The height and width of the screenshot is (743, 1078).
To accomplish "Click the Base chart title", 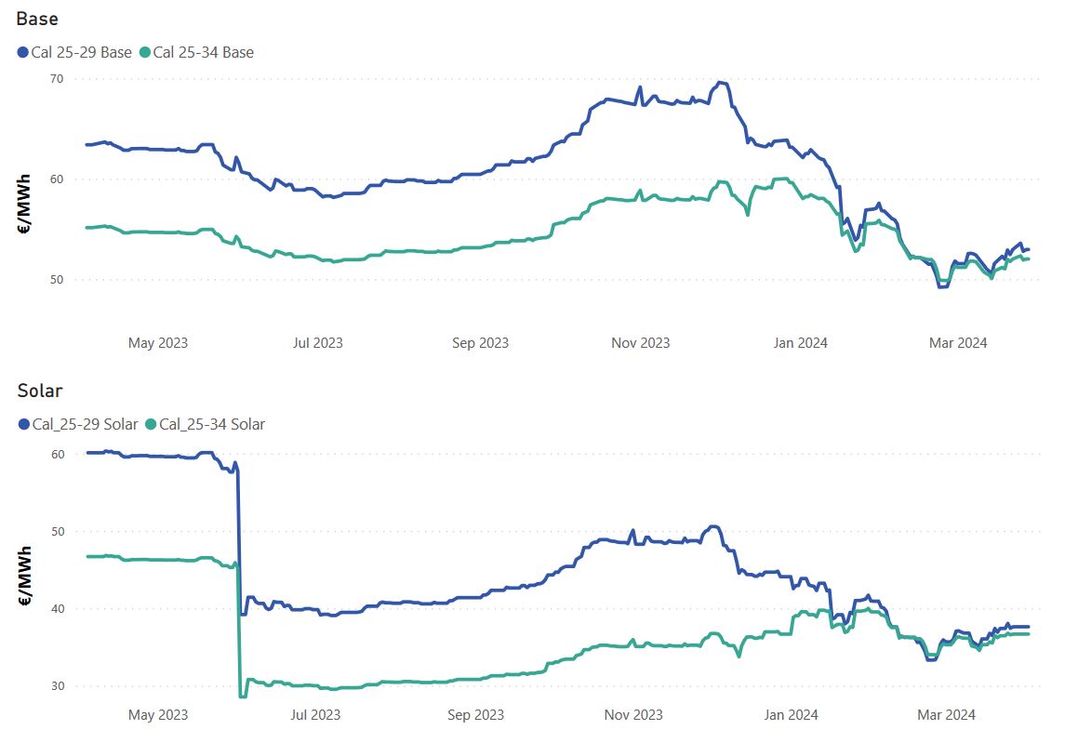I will click(x=37, y=19).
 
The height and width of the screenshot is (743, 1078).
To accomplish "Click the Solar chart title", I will click(x=39, y=391).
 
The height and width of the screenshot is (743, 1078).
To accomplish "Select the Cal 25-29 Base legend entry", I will click(x=81, y=52).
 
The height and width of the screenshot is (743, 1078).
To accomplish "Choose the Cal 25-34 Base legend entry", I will click(x=203, y=52).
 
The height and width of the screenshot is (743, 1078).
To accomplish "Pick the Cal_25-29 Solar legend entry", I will click(x=85, y=424).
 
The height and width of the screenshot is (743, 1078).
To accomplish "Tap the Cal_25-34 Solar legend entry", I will click(x=212, y=424).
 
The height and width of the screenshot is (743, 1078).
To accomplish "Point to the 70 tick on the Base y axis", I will click(x=57, y=79).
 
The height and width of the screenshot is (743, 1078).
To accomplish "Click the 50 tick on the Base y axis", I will click(x=57, y=280).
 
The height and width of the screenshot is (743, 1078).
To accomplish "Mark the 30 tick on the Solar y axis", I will click(x=57, y=686).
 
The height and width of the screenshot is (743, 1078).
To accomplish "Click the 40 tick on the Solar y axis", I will click(x=57, y=609).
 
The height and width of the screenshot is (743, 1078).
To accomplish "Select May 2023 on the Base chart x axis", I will click(x=158, y=343).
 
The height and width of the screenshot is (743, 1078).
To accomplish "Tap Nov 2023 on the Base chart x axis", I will click(x=640, y=343).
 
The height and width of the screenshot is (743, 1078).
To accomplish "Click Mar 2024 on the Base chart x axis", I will click(x=958, y=343).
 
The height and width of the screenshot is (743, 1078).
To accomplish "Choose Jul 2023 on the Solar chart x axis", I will click(x=315, y=715).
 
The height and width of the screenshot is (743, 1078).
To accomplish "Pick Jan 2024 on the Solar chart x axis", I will click(x=791, y=715).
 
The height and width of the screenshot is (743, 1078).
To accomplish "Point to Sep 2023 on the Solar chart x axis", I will click(x=475, y=715).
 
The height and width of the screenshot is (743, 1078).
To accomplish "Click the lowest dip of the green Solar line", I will click(x=243, y=696).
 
